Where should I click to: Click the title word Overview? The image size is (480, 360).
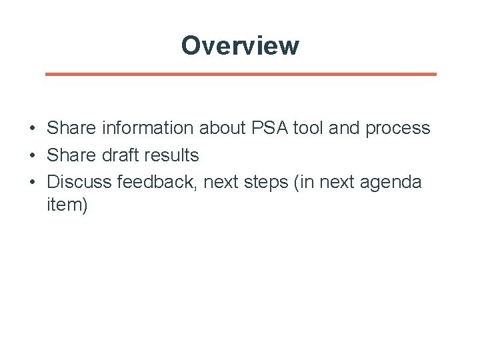240,46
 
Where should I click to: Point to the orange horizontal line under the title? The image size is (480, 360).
241,74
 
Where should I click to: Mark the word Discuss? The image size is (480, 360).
80,181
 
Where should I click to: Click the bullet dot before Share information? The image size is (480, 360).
32,128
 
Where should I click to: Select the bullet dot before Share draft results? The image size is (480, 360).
32,155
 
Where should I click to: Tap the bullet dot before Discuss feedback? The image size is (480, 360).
32,182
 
